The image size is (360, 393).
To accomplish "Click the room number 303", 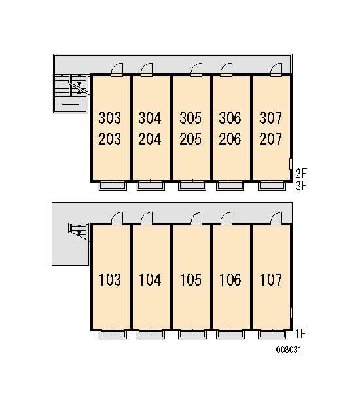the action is [109, 118].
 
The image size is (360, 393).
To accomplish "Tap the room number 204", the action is [149, 139].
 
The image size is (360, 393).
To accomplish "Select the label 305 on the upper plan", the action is [190, 118].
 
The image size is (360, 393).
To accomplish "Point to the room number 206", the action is [230, 139].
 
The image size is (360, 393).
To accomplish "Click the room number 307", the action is [270, 118].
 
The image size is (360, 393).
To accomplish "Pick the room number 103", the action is [110, 280].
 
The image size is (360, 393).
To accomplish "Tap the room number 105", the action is [190, 280].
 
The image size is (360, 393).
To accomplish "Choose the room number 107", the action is [271, 280].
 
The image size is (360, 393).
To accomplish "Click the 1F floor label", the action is [300, 333].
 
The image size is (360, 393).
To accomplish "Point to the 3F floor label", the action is [301, 186].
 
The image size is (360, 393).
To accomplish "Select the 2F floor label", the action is [301, 173].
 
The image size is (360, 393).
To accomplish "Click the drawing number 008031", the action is [289, 350].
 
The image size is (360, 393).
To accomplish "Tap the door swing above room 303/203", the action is [117, 69].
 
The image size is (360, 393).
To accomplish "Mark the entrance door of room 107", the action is [276, 218].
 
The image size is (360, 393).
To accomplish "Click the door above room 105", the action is [196, 218].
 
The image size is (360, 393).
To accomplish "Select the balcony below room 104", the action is [151, 335].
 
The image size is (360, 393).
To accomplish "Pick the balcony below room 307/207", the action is [272, 186].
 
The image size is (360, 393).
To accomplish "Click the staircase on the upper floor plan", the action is [71, 93].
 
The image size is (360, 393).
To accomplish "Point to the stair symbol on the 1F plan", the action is [79, 231].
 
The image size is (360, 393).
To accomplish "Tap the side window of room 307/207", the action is [291, 164].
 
